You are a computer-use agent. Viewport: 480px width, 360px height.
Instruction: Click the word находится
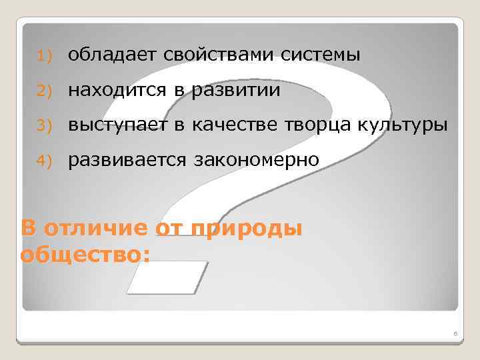point(117,89)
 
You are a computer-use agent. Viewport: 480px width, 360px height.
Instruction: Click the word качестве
point(238,125)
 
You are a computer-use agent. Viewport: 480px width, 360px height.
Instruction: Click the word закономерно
point(257,160)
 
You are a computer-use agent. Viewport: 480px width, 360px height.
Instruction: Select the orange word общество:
point(85,254)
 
